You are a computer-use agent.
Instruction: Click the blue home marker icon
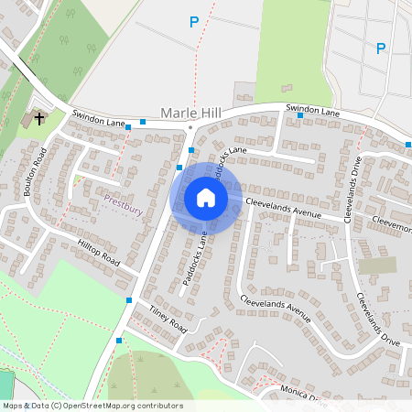206,197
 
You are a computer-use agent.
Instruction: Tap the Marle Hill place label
190,113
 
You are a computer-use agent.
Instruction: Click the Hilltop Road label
99,253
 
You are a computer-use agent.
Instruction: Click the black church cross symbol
38,117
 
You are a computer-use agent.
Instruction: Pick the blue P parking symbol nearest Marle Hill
193,22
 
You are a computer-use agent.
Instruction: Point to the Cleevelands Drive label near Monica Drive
377,317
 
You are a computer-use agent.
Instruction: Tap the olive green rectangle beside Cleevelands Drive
377,266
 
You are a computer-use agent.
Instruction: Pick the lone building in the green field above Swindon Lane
245,92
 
